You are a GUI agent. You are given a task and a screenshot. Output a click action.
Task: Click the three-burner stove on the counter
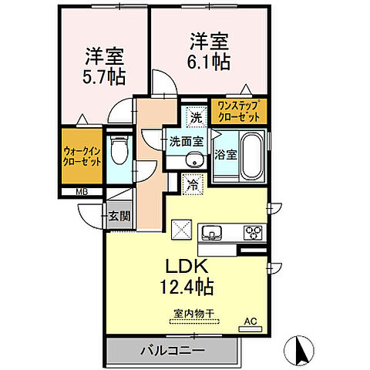254,231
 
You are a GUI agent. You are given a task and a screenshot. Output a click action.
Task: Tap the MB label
81,193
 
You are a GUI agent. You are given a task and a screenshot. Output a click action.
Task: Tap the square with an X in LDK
182,229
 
